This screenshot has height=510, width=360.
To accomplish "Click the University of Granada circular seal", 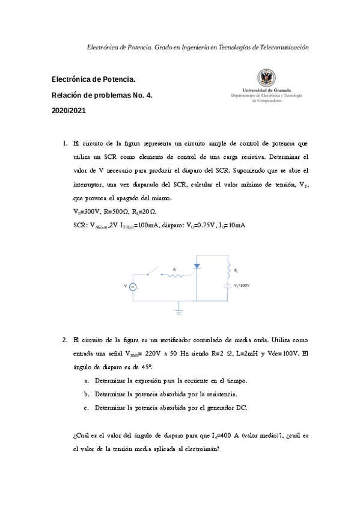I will pos(266,78).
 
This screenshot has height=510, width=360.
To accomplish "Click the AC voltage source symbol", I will pos(133,287).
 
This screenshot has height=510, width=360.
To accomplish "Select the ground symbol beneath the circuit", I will pos(178,312).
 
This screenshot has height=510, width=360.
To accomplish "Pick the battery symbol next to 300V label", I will pos(228,286).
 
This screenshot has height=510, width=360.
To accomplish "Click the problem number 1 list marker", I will pos(65,144).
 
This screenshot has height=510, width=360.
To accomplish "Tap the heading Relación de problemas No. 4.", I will pos(102,95).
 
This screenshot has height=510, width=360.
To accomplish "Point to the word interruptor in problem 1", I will pos(90,184).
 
